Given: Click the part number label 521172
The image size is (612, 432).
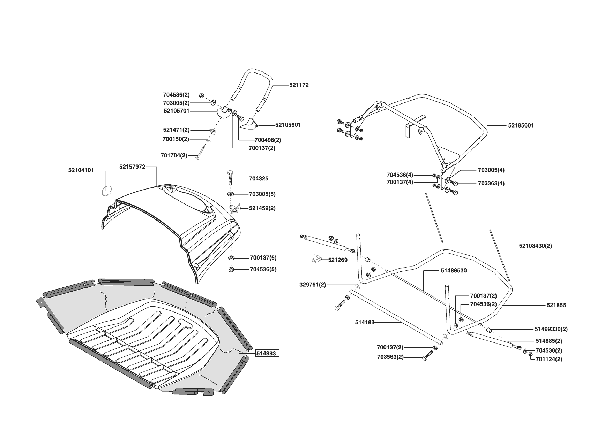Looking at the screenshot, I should tap(299, 85).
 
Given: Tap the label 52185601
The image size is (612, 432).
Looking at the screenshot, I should tap(521, 125).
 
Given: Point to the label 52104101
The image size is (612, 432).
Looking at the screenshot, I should tap(81, 170).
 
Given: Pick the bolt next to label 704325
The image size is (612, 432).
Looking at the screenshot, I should tap(231, 178).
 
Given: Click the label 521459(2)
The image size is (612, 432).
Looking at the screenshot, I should tap(262, 208).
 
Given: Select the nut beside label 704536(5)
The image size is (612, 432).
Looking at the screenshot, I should tap(231, 270).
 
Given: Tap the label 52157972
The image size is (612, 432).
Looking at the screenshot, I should tap(132, 167).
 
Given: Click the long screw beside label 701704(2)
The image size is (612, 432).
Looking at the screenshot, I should tap(202, 152).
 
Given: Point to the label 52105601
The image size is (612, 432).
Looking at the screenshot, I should tap(288, 125).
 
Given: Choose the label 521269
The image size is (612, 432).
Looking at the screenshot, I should tap(337, 260).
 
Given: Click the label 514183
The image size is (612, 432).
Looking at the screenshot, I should tap(365, 323).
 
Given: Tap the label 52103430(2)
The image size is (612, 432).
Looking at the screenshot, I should tap(535, 246).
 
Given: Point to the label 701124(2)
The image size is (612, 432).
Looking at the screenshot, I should tap(548, 359).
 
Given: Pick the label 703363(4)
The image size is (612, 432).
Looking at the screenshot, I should tap(491, 183).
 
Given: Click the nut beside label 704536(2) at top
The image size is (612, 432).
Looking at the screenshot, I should tap(202, 95).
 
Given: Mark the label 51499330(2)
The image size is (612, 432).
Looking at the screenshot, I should tap(551, 329).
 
